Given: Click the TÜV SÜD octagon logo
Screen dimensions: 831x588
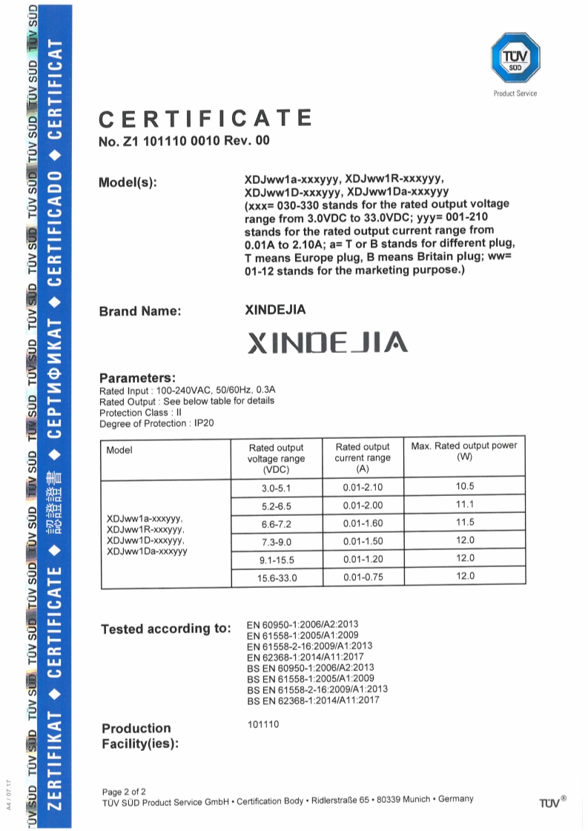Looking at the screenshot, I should click(x=515, y=58).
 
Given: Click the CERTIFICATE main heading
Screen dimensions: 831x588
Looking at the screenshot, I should click(x=205, y=119).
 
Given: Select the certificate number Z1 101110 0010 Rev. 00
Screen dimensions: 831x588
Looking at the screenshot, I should click(x=185, y=141).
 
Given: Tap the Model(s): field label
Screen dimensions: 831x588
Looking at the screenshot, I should click(x=128, y=182).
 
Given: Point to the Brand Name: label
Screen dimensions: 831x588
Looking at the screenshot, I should click(x=140, y=311).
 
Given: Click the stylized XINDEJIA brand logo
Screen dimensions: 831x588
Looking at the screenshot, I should click(x=326, y=342).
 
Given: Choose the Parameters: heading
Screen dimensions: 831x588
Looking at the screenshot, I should click(x=137, y=377).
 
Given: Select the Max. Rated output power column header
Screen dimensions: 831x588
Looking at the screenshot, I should click(x=464, y=451).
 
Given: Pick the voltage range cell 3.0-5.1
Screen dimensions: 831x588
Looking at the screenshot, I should click(x=277, y=488).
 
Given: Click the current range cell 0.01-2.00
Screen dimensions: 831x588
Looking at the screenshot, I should click(x=362, y=506).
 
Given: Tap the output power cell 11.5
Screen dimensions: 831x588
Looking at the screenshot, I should click(x=465, y=523).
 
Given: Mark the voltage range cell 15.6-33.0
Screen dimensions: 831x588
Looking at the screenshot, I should click(x=277, y=577).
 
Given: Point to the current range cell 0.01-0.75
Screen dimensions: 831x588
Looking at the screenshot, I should click(x=362, y=577).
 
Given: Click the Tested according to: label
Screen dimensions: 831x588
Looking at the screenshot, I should click(x=166, y=629).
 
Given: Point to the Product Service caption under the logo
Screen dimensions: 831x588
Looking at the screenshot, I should click(x=515, y=93).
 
